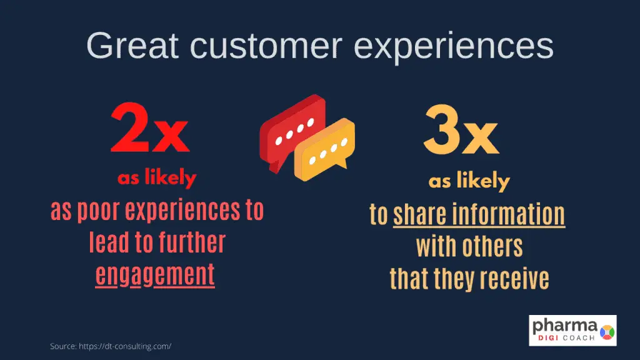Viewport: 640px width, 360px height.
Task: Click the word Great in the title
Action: (132, 45)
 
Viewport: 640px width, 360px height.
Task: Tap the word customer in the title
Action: (266, 45)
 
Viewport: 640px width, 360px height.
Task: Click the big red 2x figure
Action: (150, 127)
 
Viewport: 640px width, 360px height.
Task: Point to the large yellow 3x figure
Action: (461, 130)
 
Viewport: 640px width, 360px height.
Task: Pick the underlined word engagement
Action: (155, 274)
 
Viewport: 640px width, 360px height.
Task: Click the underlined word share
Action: (420, 215)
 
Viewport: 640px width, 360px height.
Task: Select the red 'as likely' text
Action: (157, 178)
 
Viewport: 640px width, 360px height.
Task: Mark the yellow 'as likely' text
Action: (469, 181)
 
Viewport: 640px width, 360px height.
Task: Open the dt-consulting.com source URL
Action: (125, 346)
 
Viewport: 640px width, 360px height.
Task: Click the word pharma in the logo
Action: (565, 326)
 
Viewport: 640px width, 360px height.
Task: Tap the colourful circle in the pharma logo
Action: (607, 332)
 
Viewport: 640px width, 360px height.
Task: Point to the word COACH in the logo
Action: (579, 338)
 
